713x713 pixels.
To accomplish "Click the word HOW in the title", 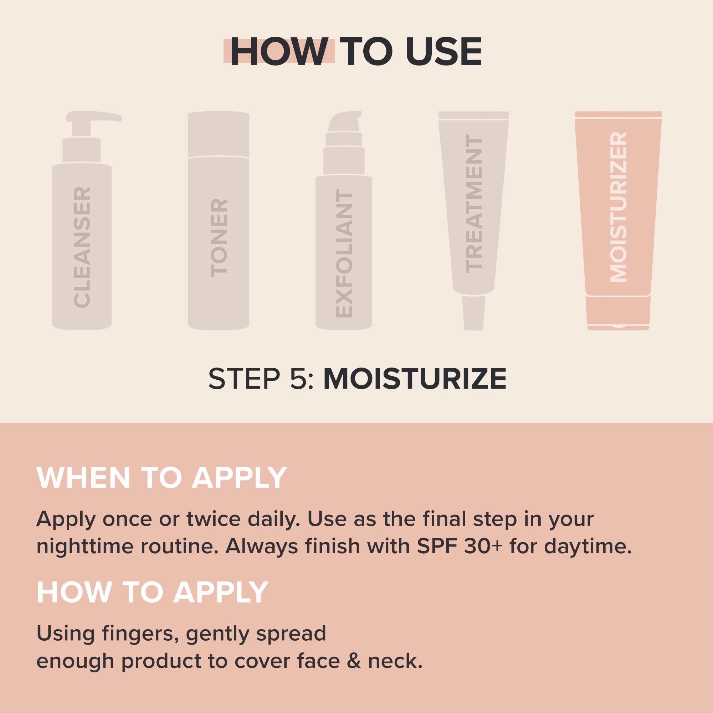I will [279, 52].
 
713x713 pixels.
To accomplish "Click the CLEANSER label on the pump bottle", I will [82, 247].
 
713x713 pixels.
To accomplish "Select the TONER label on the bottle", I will [219, 238].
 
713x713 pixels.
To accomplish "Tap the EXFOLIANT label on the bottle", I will [344, 255].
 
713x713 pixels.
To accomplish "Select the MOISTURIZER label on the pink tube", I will [618, 207].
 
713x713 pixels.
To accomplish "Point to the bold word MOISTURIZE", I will [415, 379].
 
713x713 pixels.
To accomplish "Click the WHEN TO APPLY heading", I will [161, 478].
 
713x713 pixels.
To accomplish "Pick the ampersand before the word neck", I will [355, 661].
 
